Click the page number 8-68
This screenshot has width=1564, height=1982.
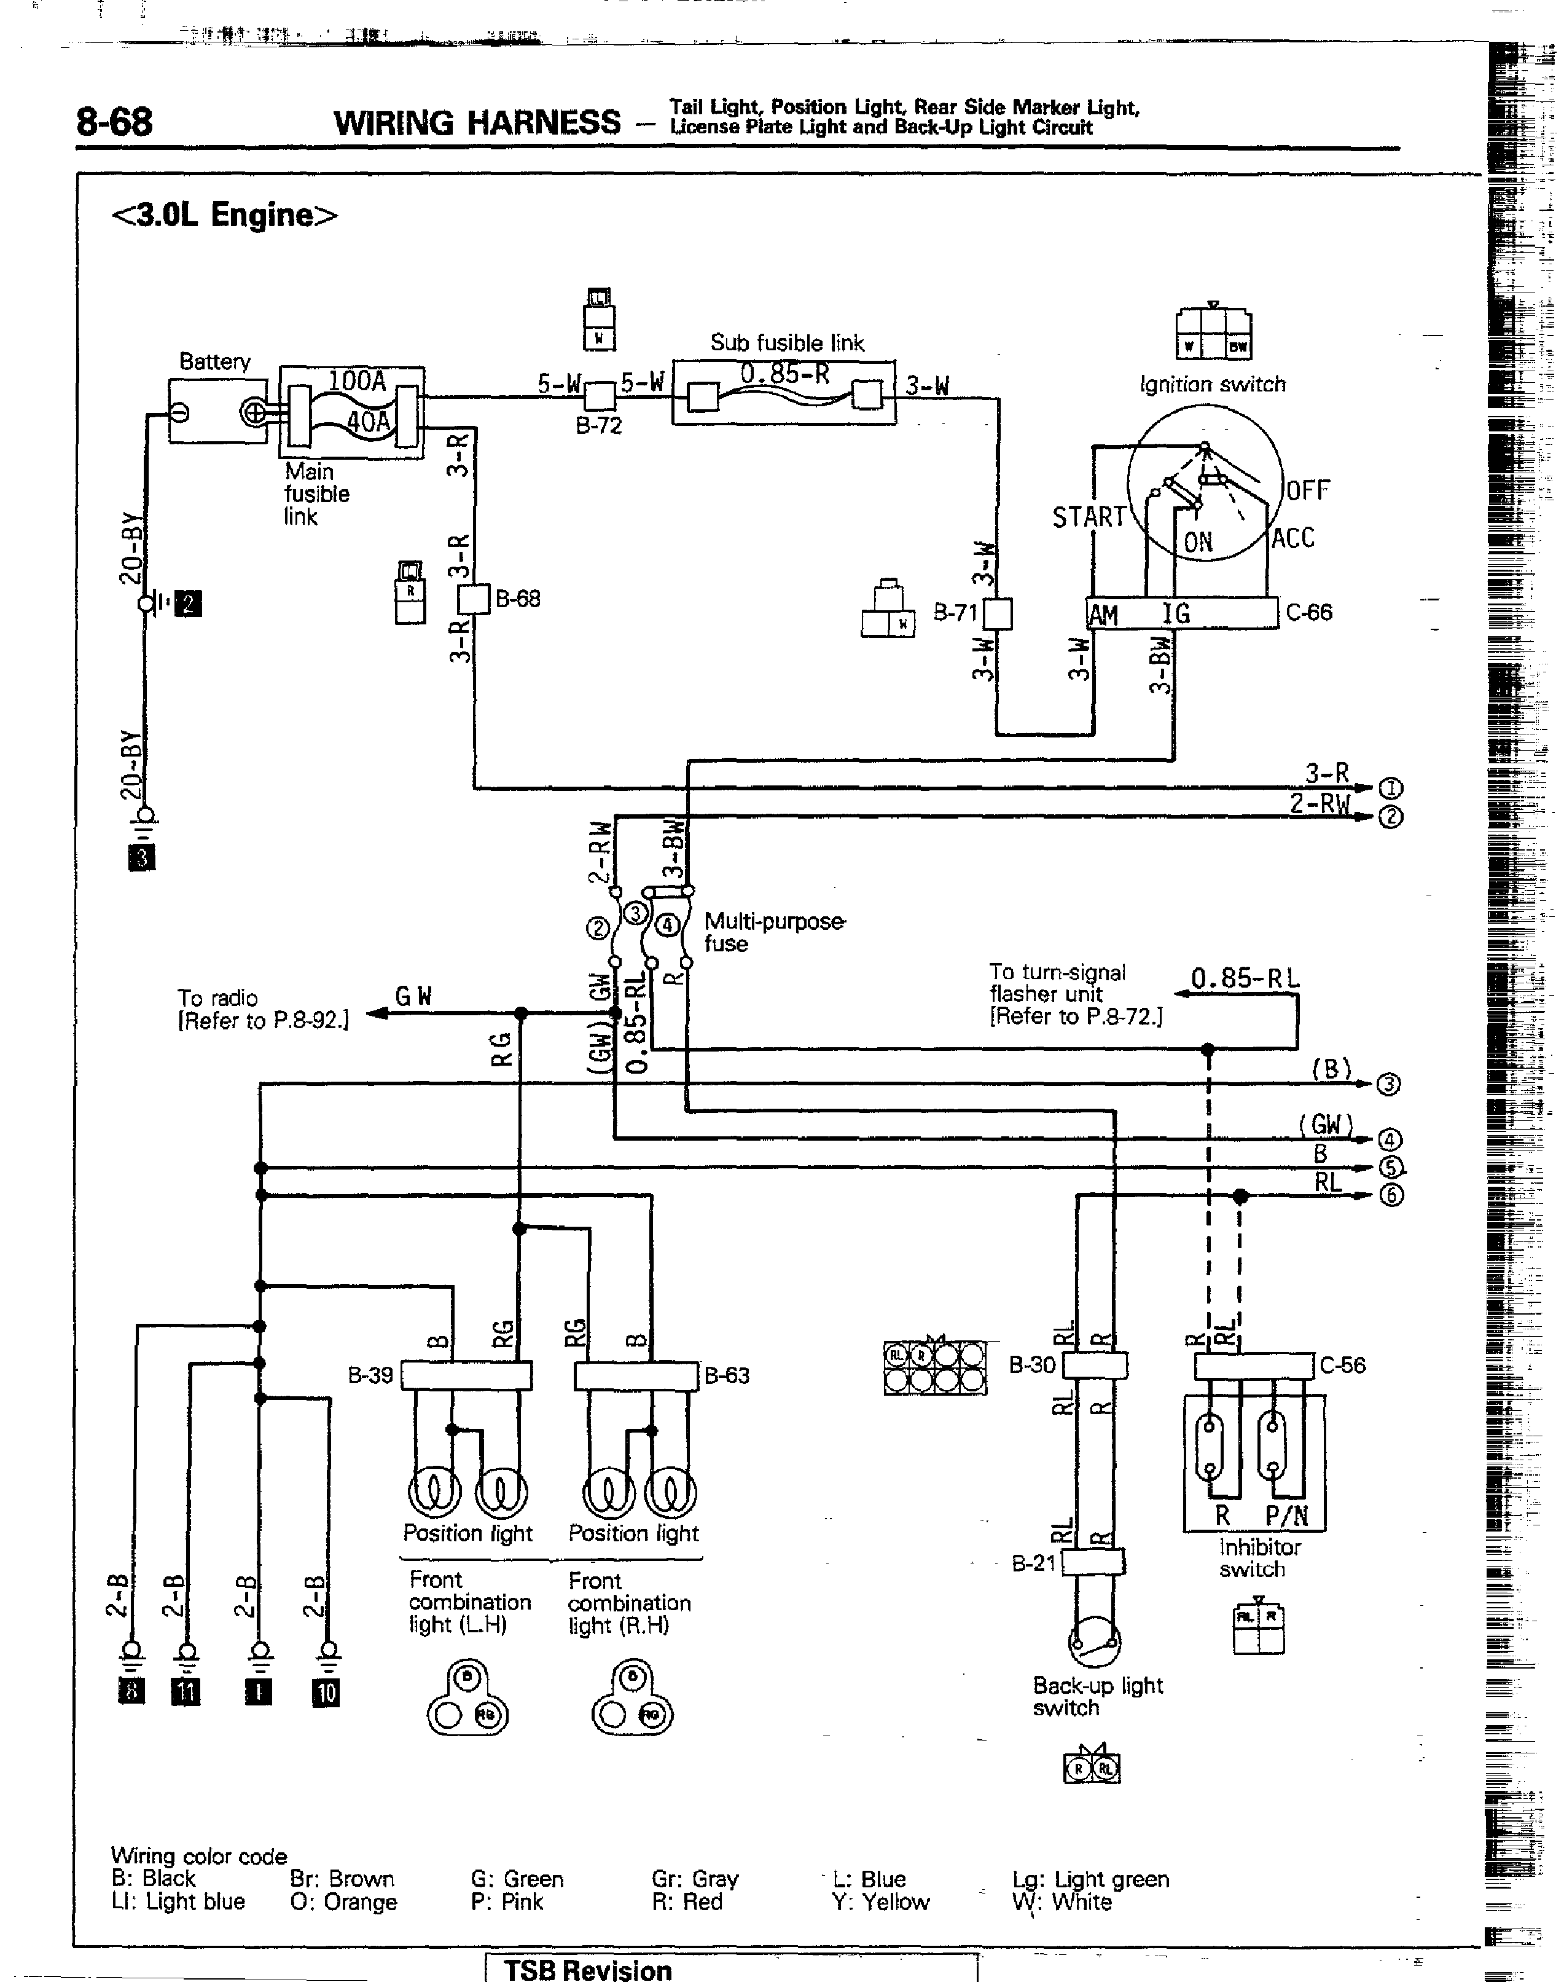tap(114, 122)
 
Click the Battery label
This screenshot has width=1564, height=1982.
tap(214, 362)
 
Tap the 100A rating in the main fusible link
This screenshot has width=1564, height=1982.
tap(357, 381)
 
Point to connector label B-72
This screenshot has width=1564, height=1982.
tap(599, 426)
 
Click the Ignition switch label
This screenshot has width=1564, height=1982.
tap(1213, 385)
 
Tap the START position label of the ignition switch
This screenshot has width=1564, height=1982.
tap(1088, 517)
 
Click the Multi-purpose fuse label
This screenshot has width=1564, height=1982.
tap(774, 932)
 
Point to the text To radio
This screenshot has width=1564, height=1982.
tap(218, 998)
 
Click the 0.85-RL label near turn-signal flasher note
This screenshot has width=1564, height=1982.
tap(1245, 979)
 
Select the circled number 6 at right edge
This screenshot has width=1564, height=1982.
tap(1390, 1196)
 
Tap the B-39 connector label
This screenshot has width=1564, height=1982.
tap(370, 1375)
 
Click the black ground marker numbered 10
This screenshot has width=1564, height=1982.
tap(326, 1694)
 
